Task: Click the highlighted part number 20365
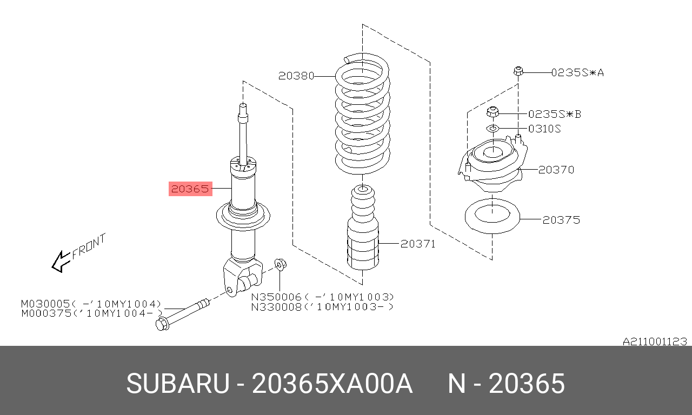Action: point(190,189)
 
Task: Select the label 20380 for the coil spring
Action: point(296,76)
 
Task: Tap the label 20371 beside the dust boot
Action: point(418,244)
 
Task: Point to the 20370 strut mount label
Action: point(556,170)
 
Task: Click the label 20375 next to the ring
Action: point(561,220)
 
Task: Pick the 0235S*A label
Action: point(577,73)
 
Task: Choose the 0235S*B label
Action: point(555,114)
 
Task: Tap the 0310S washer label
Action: point(544,129)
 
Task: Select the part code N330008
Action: point(276,307)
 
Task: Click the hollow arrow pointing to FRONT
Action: point(61,262)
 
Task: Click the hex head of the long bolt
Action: point(162,324)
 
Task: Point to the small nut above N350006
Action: point(281,264)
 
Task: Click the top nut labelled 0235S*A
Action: point(518,71)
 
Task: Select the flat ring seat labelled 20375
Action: point(493,217)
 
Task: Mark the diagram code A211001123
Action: point(655,342)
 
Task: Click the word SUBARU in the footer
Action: point(178,384)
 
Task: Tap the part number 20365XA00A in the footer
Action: point(332,384)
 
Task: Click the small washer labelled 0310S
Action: point(493,128)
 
